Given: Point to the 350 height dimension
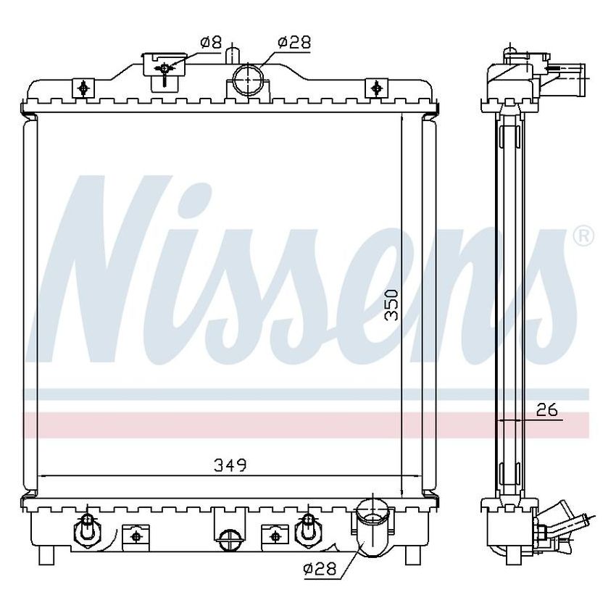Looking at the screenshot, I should pos(391,305).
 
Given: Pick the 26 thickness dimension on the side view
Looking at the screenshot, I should pos(548,410).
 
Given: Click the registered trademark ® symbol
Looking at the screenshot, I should pos(584,236).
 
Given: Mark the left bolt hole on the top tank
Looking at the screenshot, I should pos(83,88).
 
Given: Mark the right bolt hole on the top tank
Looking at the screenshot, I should pos(375,88).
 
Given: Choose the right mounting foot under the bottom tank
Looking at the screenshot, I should pos(411,555).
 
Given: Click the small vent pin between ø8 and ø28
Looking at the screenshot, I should pos(231,54).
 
